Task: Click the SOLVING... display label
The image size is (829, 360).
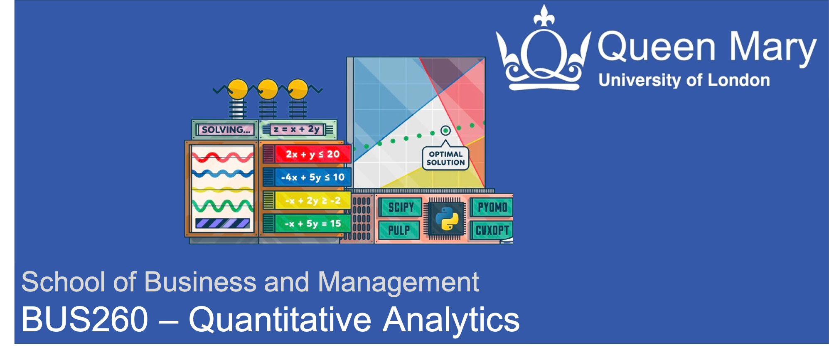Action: tap(225, 130)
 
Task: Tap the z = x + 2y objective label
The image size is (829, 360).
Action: tap(297, 129)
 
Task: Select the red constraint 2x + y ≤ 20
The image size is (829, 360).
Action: tap(313, 154)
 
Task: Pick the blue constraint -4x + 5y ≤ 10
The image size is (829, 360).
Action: tap(313, 178)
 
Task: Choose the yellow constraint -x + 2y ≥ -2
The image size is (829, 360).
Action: tap(313, 200)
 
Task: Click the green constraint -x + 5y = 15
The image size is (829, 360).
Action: tap(313, 224)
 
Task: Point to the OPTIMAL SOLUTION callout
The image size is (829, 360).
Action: tap(445, 158)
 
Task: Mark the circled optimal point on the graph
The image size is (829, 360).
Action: tap(445, 131)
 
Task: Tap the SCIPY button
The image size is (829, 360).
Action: tap(401, 207)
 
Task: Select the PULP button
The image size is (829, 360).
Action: tap(399, 230)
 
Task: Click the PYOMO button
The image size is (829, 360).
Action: tap(492, 207)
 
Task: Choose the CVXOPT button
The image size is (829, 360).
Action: tap(492, 230)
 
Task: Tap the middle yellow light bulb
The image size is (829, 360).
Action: tap(268, 89)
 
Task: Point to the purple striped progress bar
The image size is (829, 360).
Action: tap(223, 224)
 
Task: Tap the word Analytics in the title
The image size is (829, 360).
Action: tap(451, 320)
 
